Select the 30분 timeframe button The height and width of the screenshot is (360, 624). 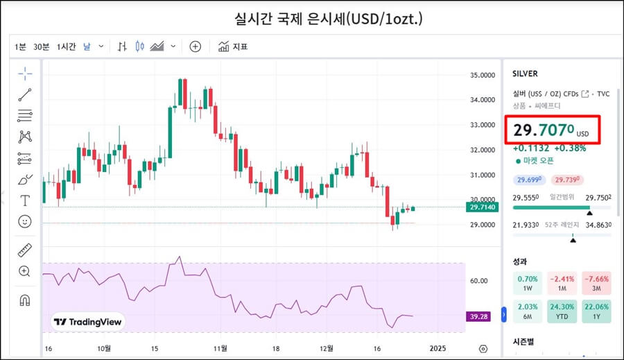[41, 46]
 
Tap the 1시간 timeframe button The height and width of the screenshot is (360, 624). [67, 46]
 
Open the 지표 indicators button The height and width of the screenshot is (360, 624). [233, 46]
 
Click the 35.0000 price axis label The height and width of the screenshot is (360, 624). [483, 75]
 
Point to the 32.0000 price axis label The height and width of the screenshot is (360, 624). [483, 150]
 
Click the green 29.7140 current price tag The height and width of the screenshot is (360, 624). [483, 207]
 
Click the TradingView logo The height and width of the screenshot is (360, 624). [88, 322]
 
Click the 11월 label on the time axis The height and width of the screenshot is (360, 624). [221, 348]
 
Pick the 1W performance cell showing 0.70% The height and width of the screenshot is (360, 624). [528, 284]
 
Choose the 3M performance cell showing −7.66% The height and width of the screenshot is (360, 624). [596, 284]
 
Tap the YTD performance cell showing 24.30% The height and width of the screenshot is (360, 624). [562, 311]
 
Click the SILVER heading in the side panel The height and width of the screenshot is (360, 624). [525, 74]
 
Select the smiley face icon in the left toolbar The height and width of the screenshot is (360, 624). [25, 222]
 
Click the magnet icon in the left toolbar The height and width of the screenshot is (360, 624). [25, 300]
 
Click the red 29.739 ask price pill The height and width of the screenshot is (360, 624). [566, 180]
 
